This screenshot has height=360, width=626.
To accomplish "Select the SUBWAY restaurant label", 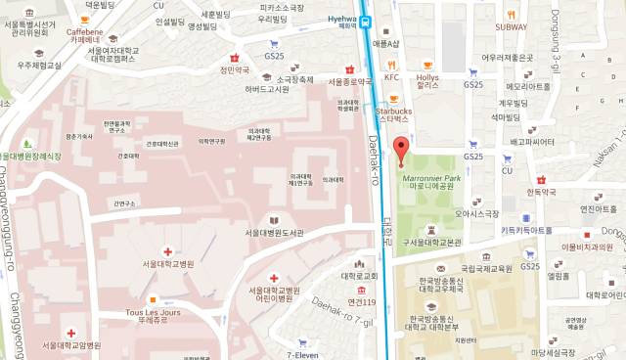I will coord(510,26).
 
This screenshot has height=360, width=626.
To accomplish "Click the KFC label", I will coord(392,76).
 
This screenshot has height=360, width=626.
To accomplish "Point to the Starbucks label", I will coord(393,113).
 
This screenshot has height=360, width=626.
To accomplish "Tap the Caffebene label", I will coord(85,32).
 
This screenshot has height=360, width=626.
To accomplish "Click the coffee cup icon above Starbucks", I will coord(393,99).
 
